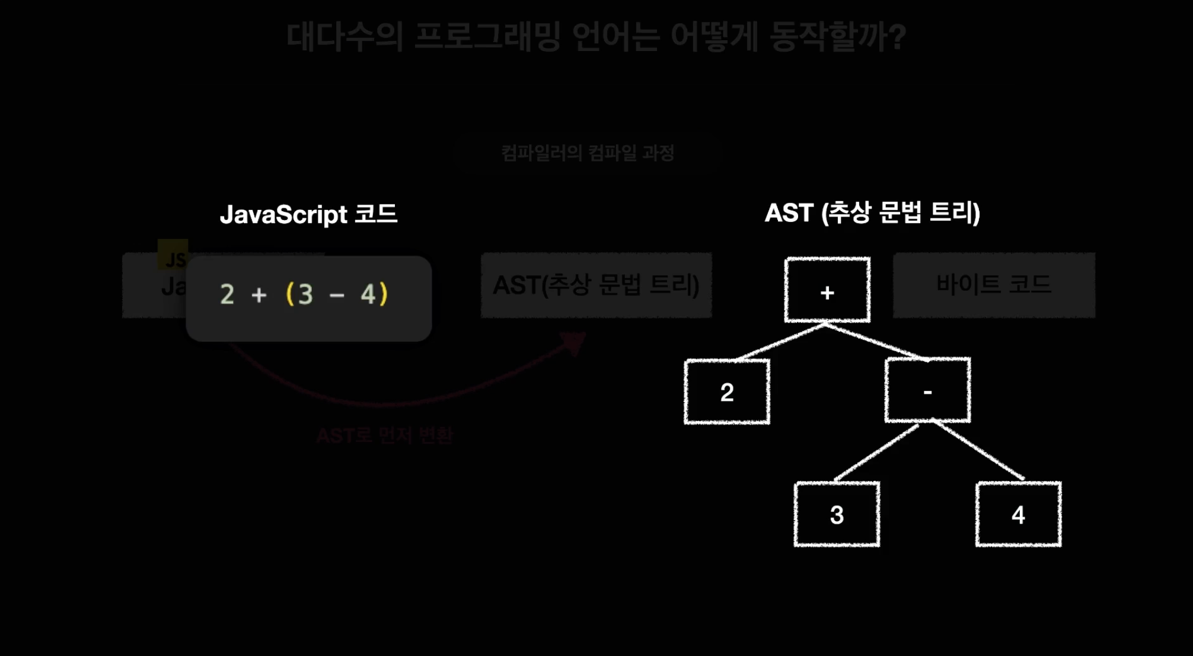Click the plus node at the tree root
[x=827, y=290]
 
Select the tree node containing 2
[x=727, y=391]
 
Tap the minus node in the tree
[x=927, y=390]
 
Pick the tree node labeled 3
[x=837, y=514]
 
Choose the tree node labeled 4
[x=1018, y=514]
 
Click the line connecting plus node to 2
[x=780, y=342]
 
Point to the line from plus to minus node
[x=876, y=341]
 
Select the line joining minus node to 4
[x=978, y=450]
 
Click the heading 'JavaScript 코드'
[x=308, y=214]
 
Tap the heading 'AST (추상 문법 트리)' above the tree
[x=872, y=212]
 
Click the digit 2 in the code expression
[x=227, y=294]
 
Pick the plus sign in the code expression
[x=259, y=295]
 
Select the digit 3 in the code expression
[x=306, y=294]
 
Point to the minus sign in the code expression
[x=337, y=295]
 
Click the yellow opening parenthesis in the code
[x=290, y=294]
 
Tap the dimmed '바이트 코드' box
[x=994, y=285]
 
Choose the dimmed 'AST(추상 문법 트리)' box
[x=596, y=285]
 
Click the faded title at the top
[x=596, y=37]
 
